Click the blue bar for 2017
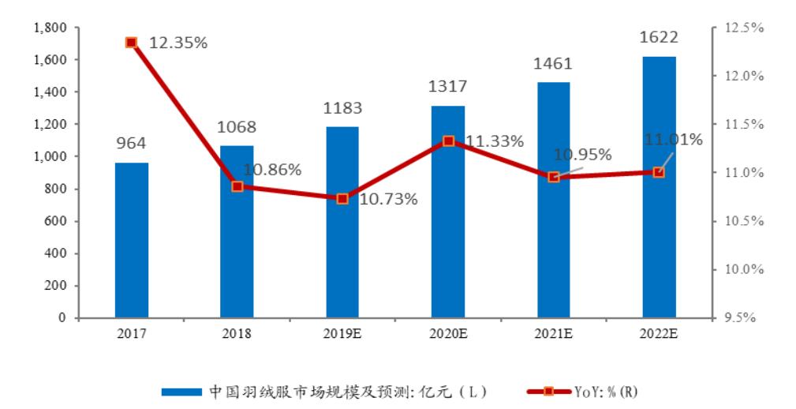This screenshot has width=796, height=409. [131, 240]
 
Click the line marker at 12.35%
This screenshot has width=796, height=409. [132, 42]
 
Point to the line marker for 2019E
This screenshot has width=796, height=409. [342, 198]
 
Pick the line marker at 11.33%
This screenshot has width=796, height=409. [448, 141]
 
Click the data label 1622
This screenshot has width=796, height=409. [659, 37]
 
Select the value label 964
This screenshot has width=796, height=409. [131, 143]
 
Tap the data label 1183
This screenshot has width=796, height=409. [342, 107]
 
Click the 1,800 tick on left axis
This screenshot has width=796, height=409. [50, 28]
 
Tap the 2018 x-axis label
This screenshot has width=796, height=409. [237, 334]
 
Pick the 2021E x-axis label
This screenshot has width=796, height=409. [553, 334]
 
